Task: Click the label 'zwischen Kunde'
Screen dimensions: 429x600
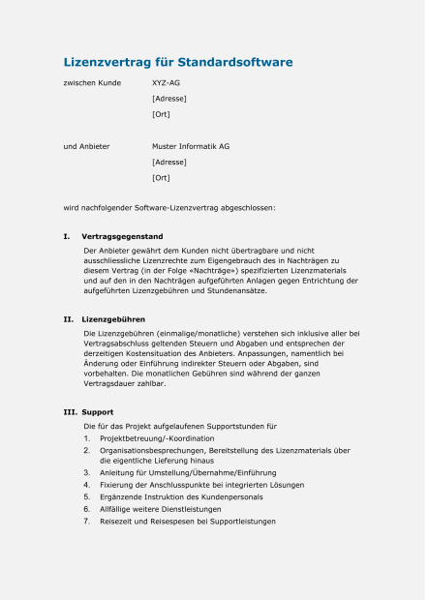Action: click(x=92, y=83)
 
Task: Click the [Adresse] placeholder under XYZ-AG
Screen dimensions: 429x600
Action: click(x=169, y=99)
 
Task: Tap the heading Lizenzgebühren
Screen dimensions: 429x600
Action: click(x=114, y=317)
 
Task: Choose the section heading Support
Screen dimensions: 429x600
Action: click(x=98, y=412)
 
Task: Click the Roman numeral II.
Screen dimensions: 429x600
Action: click(x=68, y=317)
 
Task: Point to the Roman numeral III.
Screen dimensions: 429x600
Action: click(x=70, y=412)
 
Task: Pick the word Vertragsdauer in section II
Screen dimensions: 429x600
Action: click(x=113, y=383)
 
